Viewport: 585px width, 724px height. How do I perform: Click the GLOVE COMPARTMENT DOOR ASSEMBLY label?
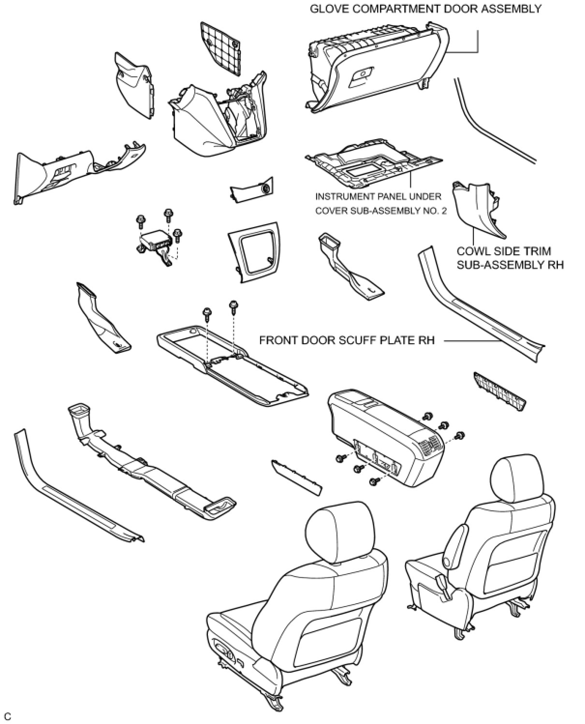[425, 9]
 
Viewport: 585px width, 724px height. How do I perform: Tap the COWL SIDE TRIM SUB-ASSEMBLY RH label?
[510, 258]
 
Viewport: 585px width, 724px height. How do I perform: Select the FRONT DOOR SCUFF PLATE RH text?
[347, 340]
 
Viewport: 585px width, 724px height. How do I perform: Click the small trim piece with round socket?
[251, 191]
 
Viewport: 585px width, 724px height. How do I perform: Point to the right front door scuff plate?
[479, 309]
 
